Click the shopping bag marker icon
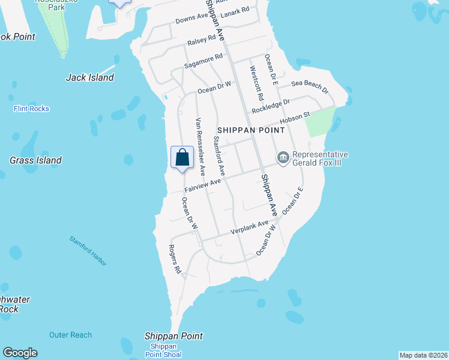click(182, 158)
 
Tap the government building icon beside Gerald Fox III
click(283, 158)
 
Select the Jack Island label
click(89, 77)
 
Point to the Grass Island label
click(35, 160)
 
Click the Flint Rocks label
click(31, 109)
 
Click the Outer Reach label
click(71, 335)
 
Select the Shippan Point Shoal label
click(163, 350)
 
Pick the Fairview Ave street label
click(203, 185)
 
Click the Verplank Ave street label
click(250, 227)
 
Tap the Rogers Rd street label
click(175, 259)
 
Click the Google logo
click(20, 353)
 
